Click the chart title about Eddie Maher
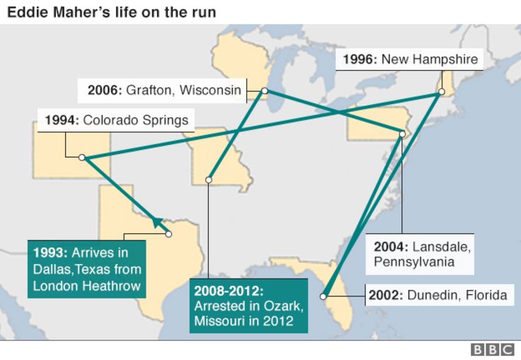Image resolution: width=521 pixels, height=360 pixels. pyautogui.click(x=112, y=12)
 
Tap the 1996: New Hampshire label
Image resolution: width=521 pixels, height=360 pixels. pyautogui.click(x=410, y=59)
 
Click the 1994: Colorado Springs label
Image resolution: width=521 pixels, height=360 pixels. pyautogui.click(x=116, y=120)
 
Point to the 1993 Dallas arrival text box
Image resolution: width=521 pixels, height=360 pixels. pyautogui.click(x=87, y=268)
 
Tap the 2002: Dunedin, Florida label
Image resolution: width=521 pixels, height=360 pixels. pyautogui.click(x=437, y=295)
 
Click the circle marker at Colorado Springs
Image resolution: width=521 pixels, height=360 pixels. pyautogui.click(x=82, y=157)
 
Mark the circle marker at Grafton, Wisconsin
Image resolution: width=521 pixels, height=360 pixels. pyautogui.click(x=264, y=91)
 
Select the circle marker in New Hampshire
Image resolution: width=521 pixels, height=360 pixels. pyautogui.click(x=441, y=92)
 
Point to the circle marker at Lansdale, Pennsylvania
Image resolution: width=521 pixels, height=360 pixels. pyautogui.click(x=401, y=133)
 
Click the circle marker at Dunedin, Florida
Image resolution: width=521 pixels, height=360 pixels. pyautogui.click(x=324, y=296)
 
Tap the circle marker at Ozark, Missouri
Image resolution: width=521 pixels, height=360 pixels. pyautogui.click(x=208, y=180)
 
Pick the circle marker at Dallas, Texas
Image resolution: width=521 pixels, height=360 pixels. pyautogui.click(x=168, y=233)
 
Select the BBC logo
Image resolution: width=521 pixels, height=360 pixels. pyautogui.click(x=493, y=349)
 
